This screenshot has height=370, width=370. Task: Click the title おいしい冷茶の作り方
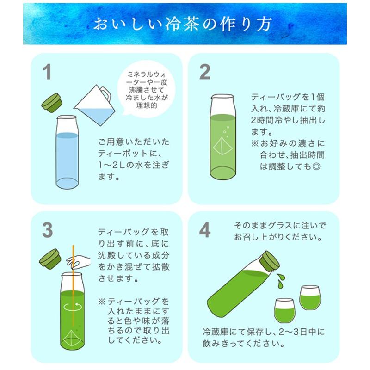point(185,24)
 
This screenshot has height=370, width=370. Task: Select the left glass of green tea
point(284,308)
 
